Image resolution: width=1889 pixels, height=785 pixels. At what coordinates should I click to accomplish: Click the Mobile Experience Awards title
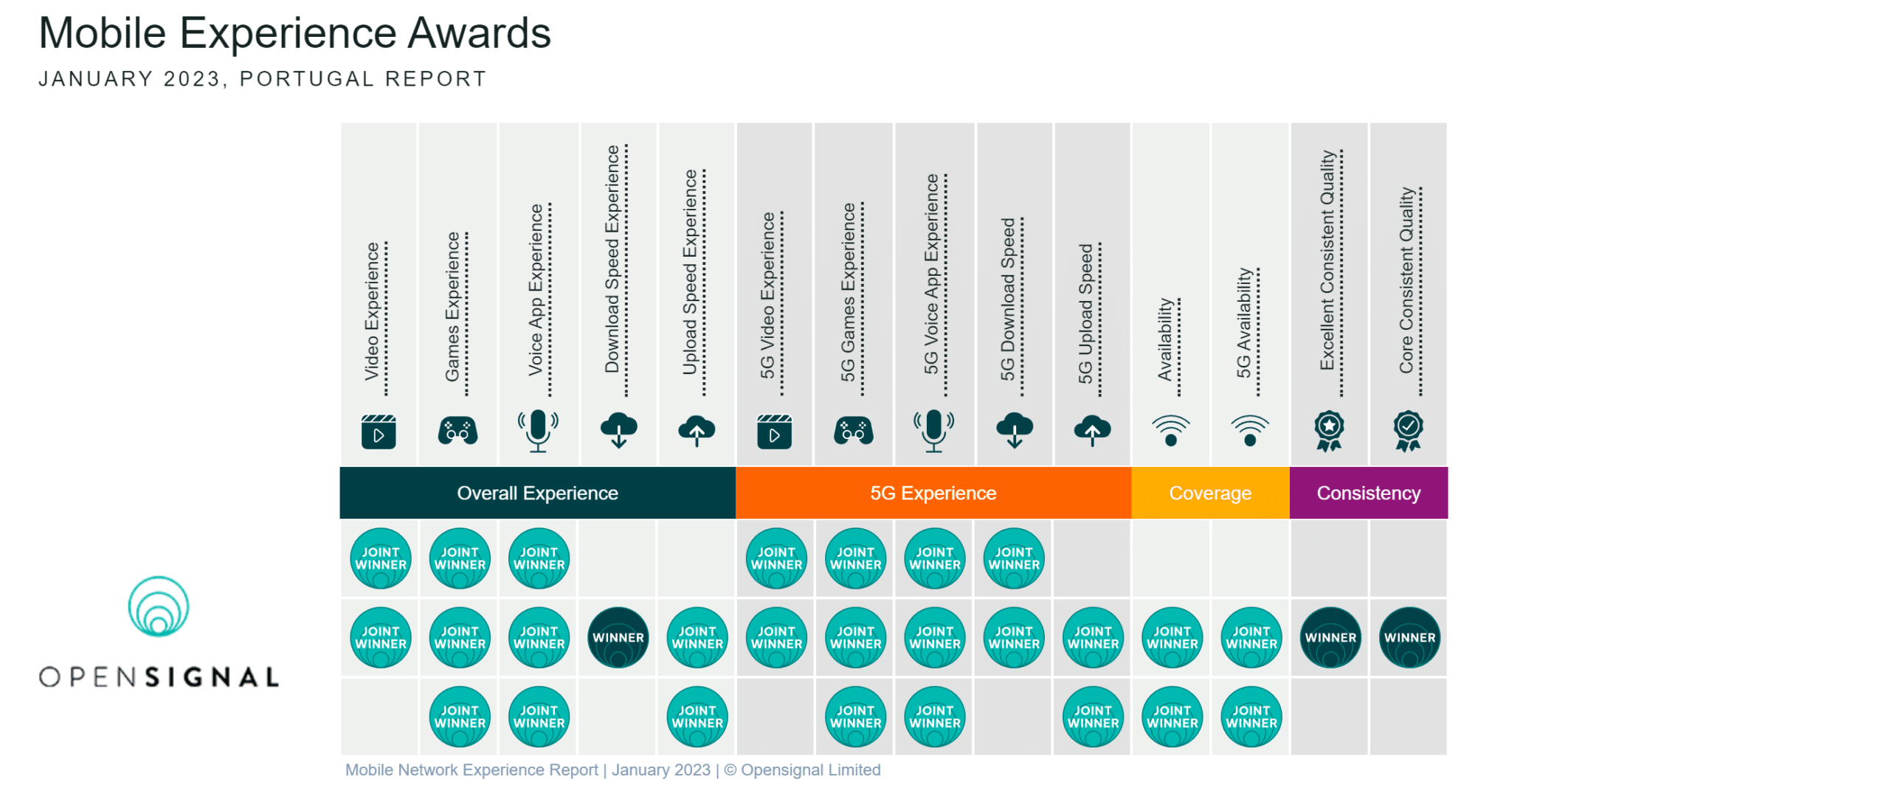pos(294,33)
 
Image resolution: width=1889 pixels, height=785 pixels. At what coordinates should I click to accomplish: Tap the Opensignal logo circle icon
pos(159,606)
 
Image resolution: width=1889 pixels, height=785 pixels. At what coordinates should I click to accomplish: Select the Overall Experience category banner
pos(537,493)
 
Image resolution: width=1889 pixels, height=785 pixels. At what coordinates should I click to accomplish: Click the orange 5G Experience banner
pos(933,493)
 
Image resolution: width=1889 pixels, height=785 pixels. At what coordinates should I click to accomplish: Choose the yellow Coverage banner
pos(1210,493)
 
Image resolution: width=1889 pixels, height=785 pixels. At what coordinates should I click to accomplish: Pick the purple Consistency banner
pos(1369,493)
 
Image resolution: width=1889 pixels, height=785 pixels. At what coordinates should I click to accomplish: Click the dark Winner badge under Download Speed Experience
pos(618,637)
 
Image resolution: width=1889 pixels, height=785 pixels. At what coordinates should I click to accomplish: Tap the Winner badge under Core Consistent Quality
pos(1409,637)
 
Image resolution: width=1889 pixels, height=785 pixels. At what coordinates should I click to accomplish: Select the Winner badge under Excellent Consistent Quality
pos(1330,637)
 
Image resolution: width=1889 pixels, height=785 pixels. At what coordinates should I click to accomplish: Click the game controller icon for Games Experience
pos(457,431)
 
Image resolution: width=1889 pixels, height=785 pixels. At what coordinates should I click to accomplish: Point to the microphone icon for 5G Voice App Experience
pos(933,430)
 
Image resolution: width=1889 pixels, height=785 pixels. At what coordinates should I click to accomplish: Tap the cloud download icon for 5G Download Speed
pos(1015,430)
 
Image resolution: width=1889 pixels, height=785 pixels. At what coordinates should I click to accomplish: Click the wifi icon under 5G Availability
pos(1250,431)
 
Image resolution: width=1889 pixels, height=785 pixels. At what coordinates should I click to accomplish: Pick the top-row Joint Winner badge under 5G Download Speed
pos(1014,559)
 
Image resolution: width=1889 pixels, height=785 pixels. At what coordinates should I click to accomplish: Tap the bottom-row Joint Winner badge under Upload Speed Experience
pos(697,717)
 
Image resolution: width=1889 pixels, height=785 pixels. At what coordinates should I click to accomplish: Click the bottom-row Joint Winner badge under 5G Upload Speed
pos(1093,717)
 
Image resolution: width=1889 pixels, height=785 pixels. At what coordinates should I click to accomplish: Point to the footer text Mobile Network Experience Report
pos(472,770)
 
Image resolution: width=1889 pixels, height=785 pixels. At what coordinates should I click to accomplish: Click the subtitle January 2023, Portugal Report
pos(263,79)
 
